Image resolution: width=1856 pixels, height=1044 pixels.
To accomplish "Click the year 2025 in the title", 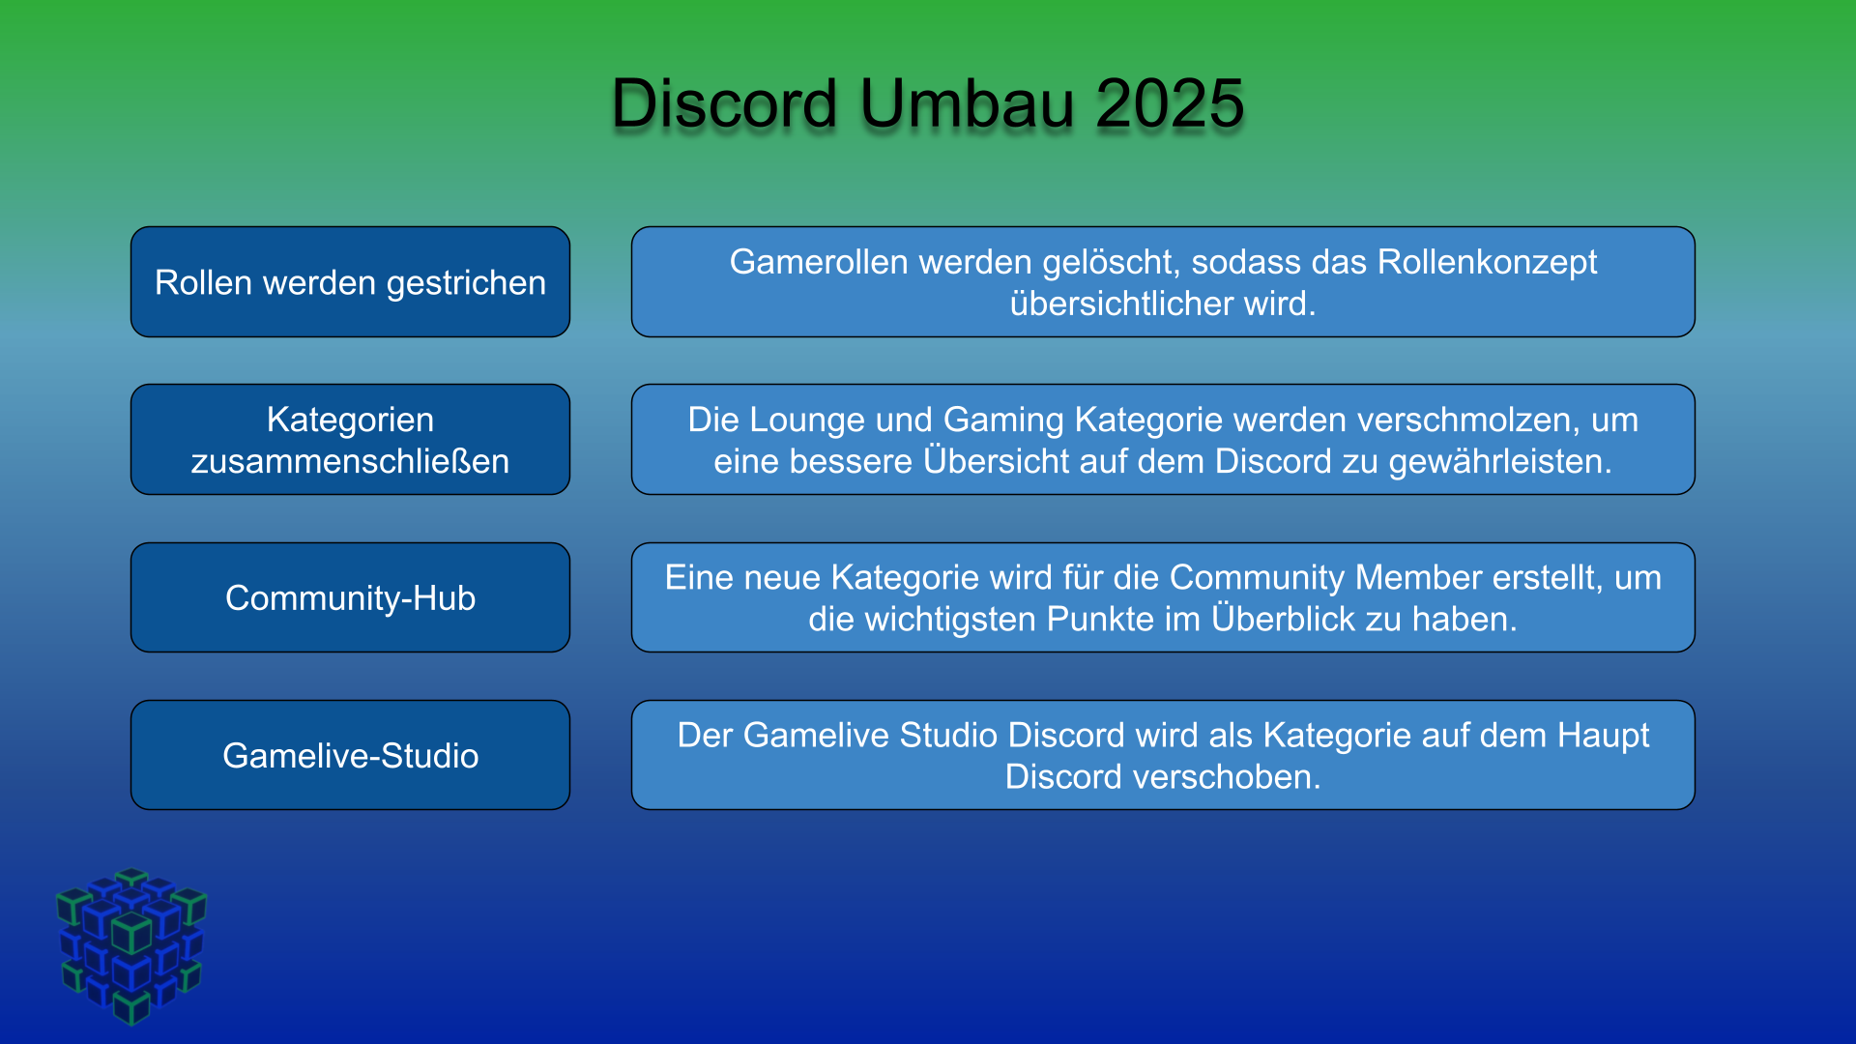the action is [1170, 103].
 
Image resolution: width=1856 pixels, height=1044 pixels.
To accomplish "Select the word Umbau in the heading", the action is [967, 103].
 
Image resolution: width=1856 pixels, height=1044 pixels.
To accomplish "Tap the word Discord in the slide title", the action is [725, 103].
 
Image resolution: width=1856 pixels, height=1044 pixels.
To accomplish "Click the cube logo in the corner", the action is [131, 946].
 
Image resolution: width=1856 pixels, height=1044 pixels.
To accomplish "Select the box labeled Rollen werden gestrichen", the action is [350, 282].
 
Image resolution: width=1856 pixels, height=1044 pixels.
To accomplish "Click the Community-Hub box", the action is [350, 597].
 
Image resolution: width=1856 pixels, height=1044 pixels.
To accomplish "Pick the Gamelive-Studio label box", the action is [350, 755].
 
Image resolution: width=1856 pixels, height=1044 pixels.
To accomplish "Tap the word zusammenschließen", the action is [350, 461].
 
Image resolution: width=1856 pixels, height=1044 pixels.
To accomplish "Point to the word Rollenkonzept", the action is [1488, 263].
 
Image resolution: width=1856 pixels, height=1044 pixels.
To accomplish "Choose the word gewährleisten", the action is [1500, 462].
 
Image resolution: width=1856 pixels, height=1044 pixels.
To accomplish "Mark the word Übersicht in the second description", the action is [997, 460].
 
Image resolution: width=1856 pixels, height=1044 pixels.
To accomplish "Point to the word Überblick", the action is [1283, 618].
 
